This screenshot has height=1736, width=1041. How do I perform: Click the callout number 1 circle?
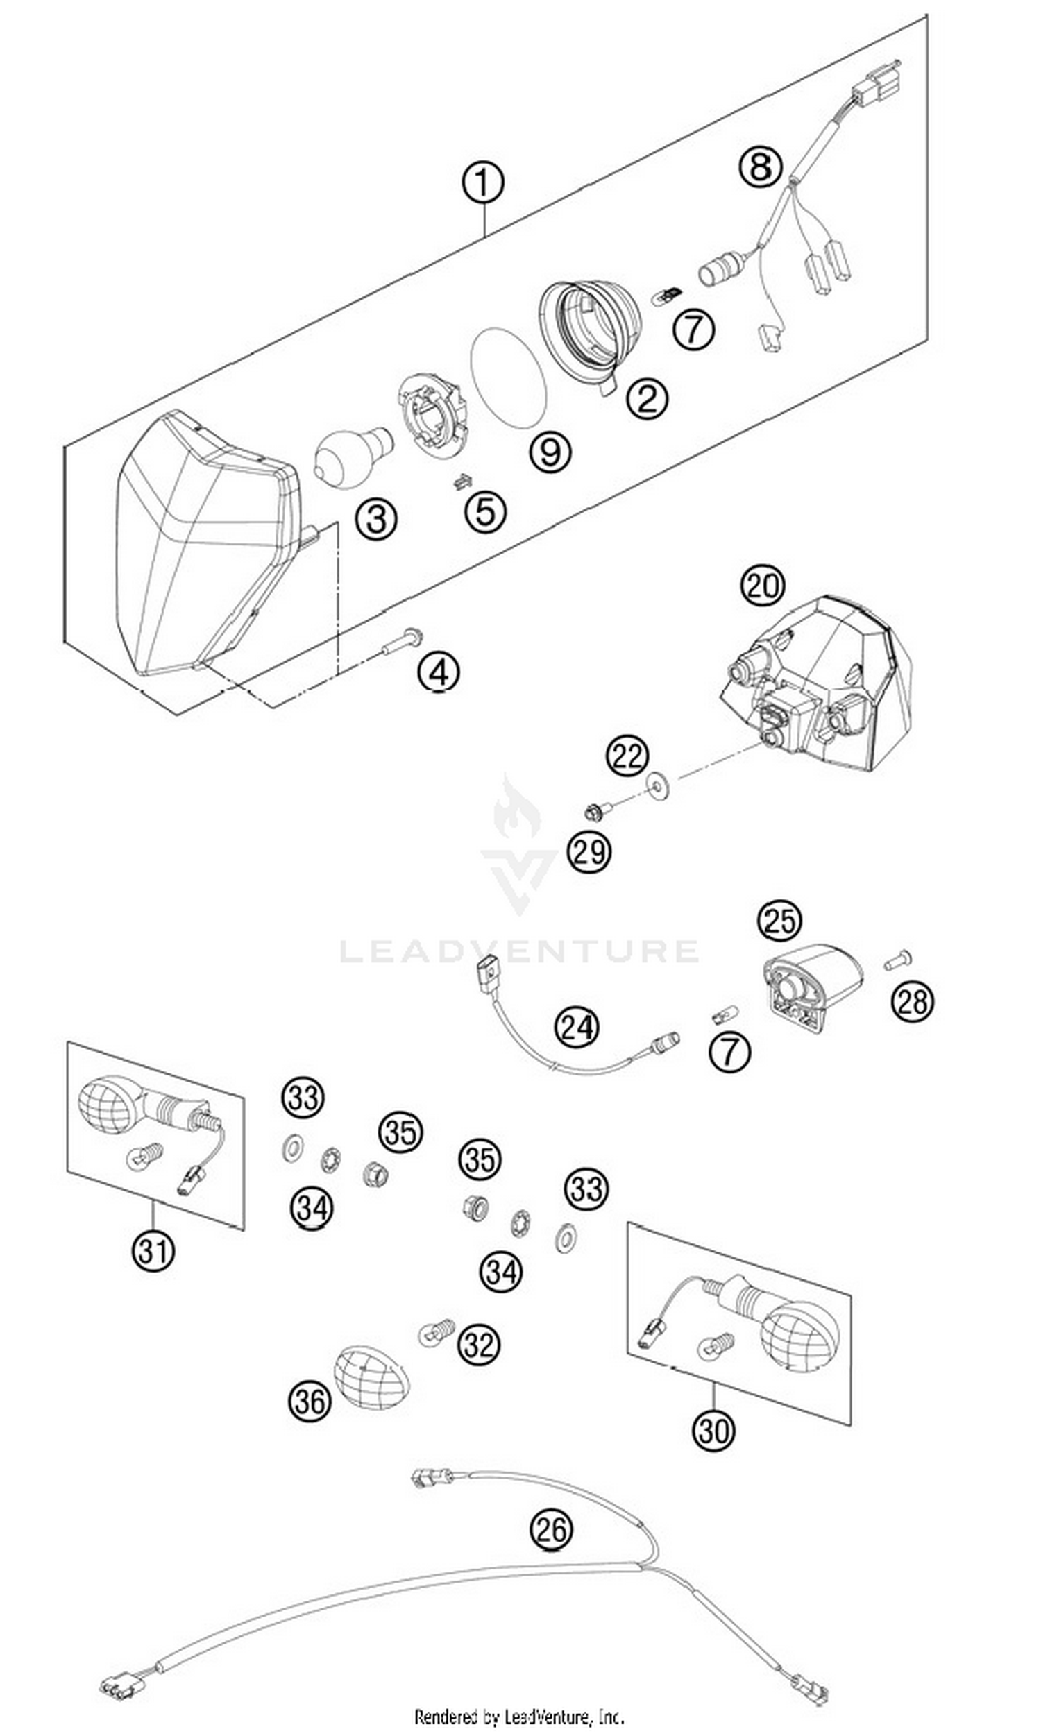[482, 183]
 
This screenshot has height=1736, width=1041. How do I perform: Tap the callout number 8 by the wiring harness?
[761, 167]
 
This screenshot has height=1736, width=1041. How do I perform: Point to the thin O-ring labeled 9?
[508, 377]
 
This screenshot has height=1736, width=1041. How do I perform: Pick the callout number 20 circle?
[763, 585]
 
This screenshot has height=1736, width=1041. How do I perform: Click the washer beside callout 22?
[658, 783]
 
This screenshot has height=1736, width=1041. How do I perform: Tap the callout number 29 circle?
[589, 852]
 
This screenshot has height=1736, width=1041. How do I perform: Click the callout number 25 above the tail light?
[779, 921]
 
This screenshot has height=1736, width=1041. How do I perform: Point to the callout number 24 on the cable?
[577, 1027]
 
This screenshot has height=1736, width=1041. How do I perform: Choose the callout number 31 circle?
[153, 1251]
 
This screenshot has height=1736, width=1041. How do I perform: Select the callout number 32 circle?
[478, 1344]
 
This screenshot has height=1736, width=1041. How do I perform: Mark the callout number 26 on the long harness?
[551, 1529]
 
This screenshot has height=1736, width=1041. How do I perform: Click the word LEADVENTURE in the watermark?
[519, 951]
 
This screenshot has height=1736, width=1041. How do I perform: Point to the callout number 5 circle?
[485, 511]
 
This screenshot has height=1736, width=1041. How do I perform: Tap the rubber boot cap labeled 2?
[591, 330]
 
